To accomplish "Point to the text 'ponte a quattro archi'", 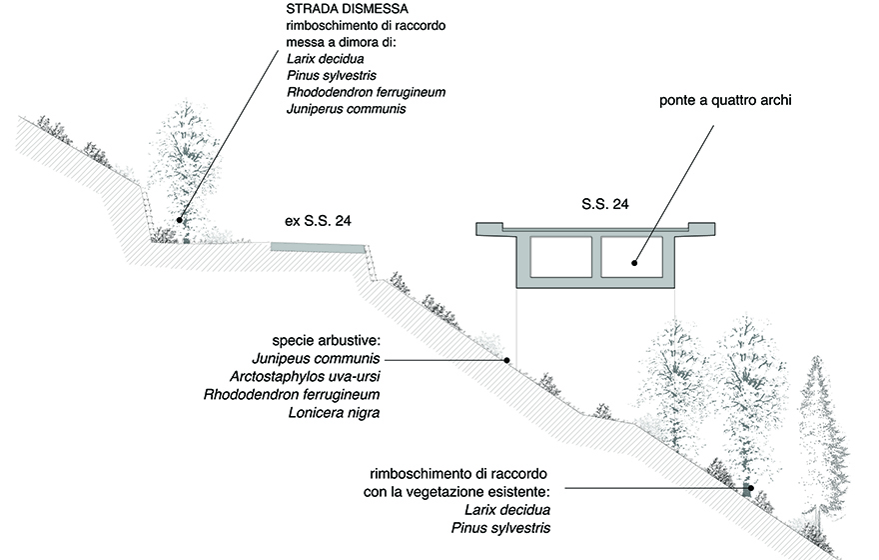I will click(x=725, y=101).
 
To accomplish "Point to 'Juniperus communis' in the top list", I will click(x=345, y=109).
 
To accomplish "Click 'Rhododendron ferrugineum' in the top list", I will click(x=365, y=92).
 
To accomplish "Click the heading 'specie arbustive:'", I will click(x=326, y=340).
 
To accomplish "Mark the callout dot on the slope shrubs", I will click(x=506, y=359).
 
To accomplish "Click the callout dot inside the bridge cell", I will click(x=634, y=264).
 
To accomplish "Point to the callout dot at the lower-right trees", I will click(x=751, y=489).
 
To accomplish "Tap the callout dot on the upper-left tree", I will click(x=180, y=219).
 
